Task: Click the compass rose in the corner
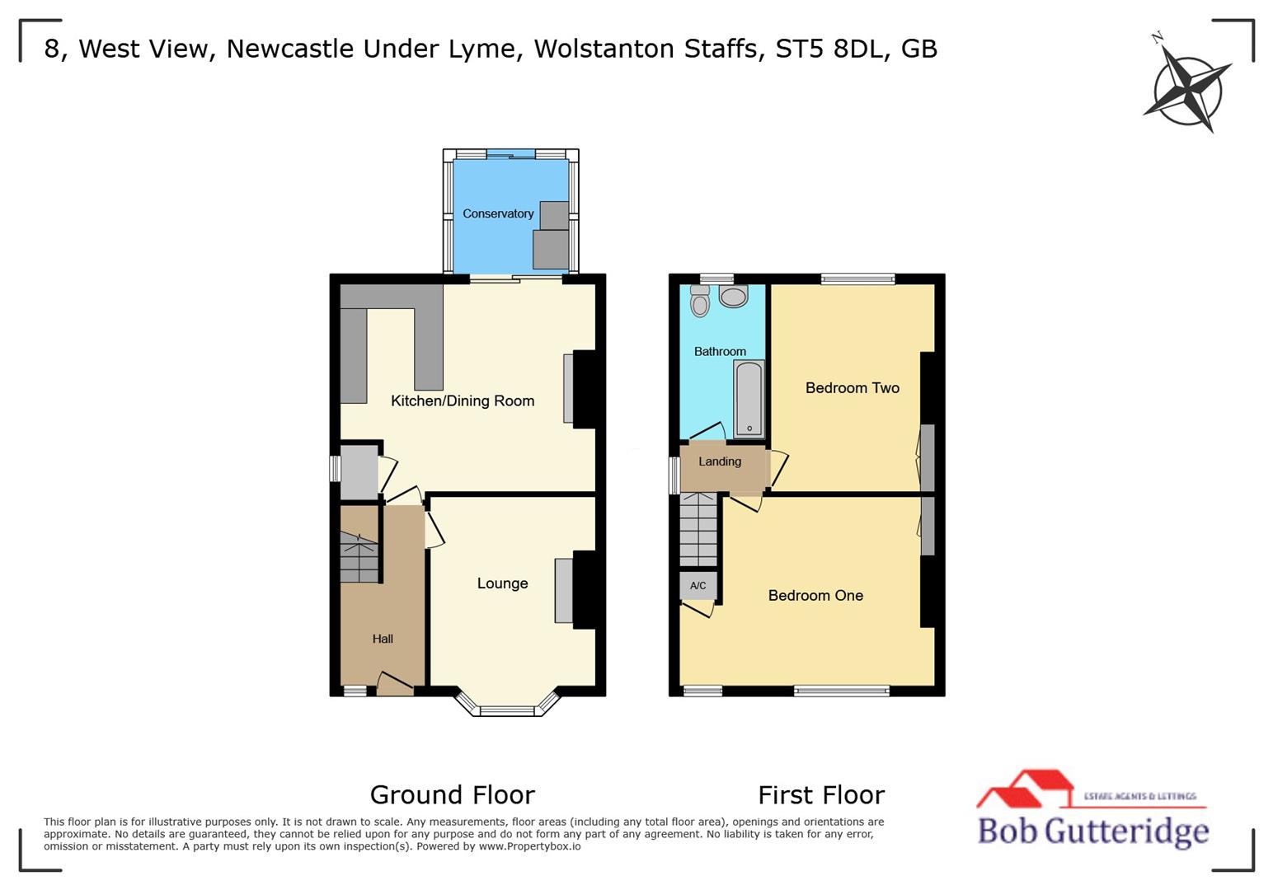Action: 1187,85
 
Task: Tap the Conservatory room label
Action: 497,213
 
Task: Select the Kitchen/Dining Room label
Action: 462,401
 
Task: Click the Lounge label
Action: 502,583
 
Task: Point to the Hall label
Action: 382,639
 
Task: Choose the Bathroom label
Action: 719,352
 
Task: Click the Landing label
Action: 719,461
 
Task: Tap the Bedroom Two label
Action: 852,388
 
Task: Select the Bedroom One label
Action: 815,596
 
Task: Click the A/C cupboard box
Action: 698,586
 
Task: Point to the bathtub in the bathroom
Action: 749,399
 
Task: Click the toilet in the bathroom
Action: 700,302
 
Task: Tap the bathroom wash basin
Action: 732,296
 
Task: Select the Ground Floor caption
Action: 452,794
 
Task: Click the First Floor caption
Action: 820,794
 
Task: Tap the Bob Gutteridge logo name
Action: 1092,830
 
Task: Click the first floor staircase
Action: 698,530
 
